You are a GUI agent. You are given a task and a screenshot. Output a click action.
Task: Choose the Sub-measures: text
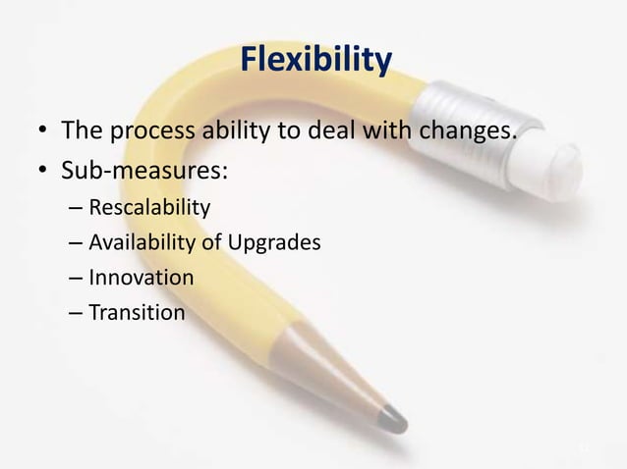[x=145, y=172]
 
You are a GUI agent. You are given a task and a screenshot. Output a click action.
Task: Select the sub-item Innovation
[x=141, y=278]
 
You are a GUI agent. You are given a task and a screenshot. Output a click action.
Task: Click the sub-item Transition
[x=136, y=313]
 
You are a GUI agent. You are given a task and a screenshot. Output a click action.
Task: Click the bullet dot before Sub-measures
[x=40, y=173]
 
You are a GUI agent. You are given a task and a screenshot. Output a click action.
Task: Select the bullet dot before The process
[x=40, y=130]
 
